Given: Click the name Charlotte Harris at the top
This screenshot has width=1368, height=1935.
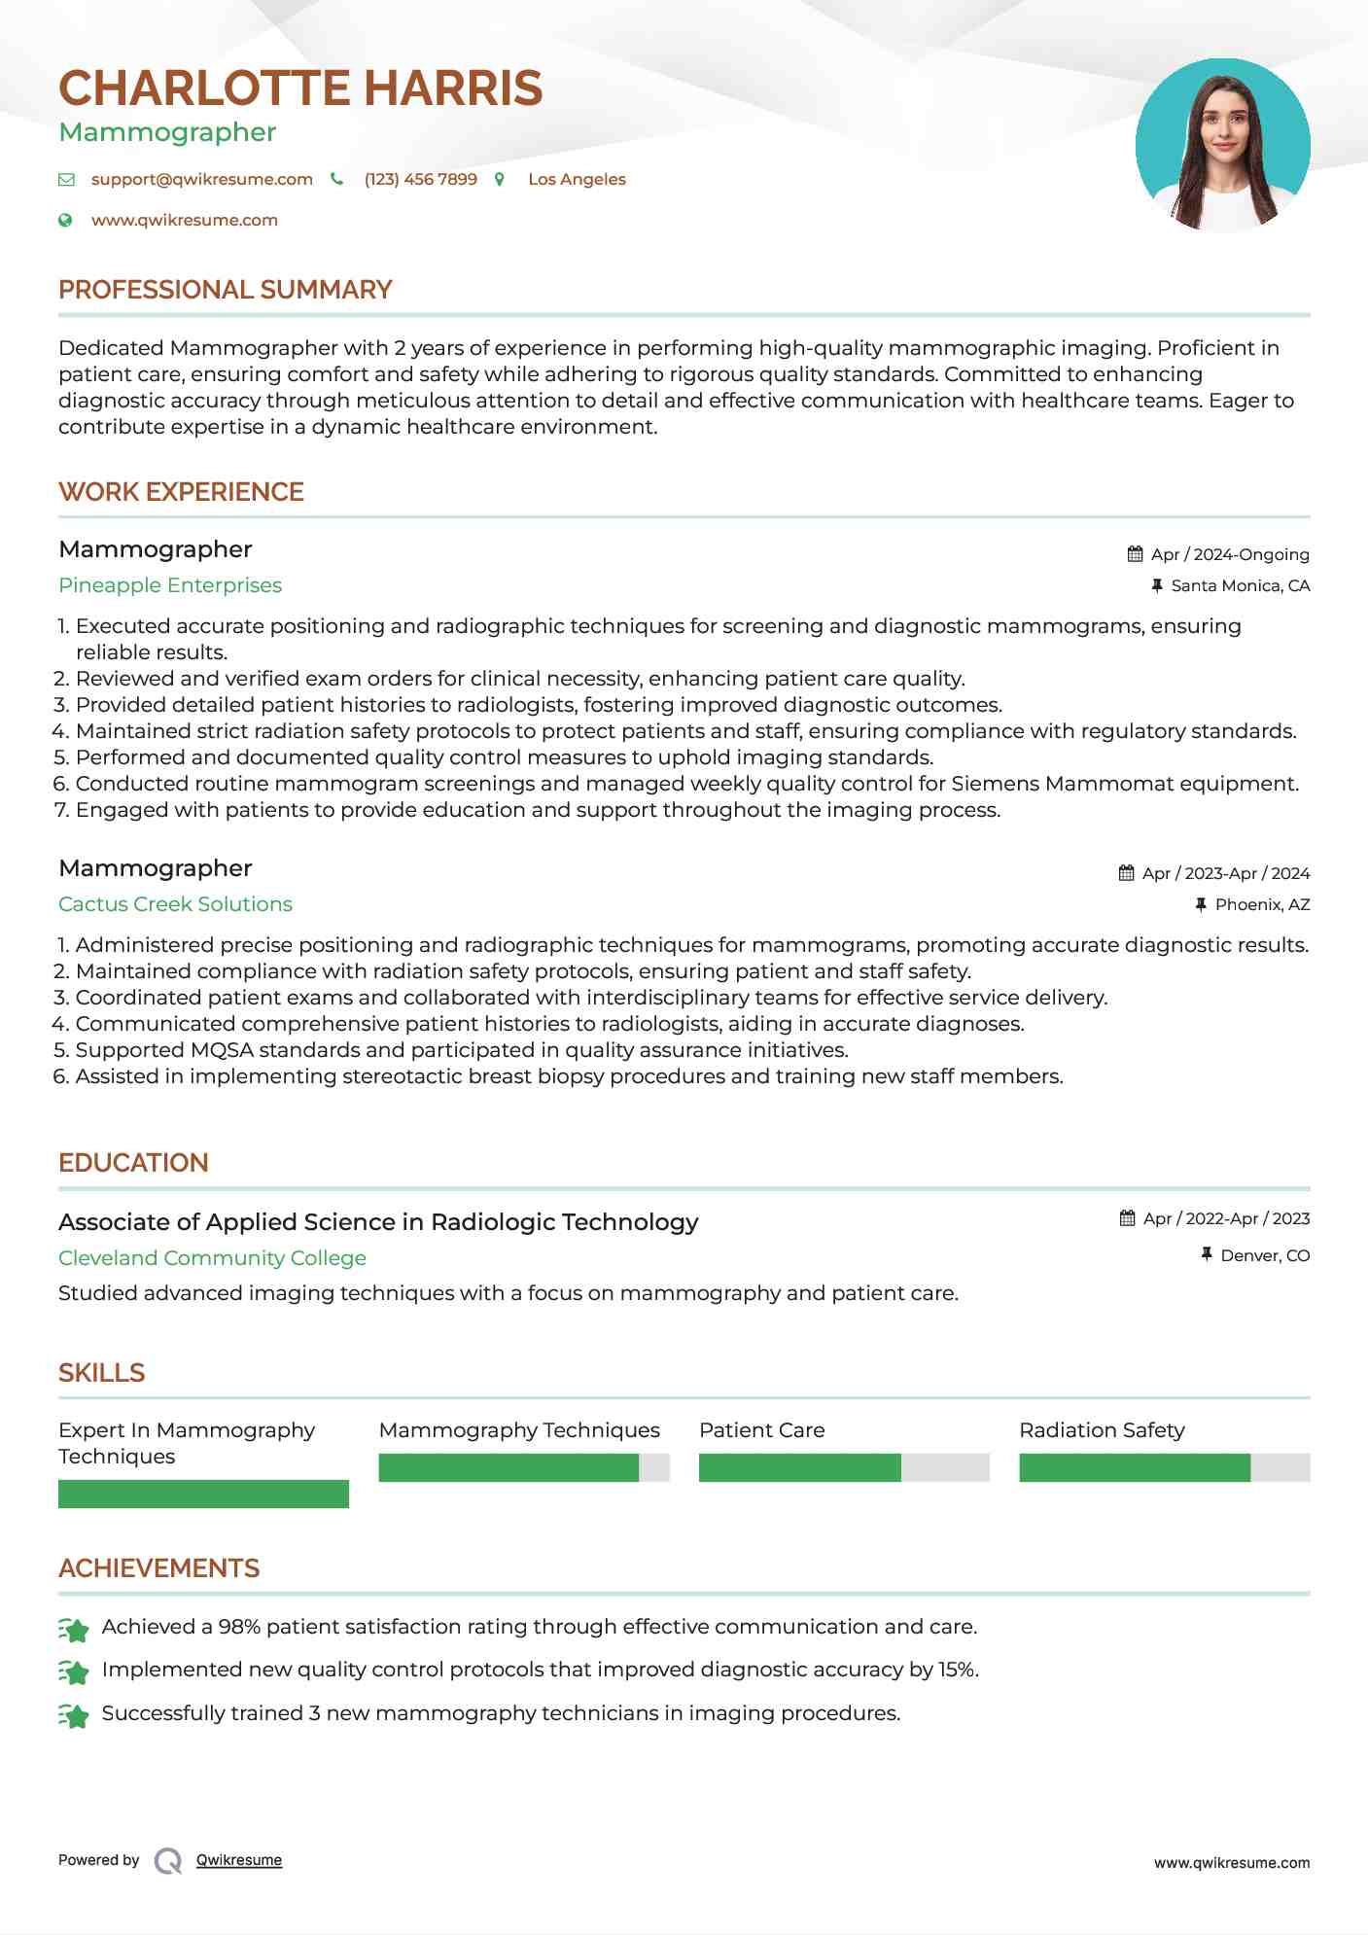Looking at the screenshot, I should (300, 88).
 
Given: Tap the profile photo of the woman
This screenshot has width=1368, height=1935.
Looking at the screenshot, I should (1222, 145).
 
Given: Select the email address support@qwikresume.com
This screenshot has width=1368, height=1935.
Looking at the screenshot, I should (201, 180).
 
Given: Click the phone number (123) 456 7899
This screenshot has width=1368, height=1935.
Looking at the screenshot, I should (420, 180).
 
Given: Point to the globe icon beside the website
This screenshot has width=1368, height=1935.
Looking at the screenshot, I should (65, 221).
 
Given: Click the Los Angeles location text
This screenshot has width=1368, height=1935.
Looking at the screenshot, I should (577, 180).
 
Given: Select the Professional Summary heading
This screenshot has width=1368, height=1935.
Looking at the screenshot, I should (225, 290).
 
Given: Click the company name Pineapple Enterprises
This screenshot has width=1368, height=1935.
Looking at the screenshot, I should (170, 585).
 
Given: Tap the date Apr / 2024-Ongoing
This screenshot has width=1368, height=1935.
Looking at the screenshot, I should (1229, 554).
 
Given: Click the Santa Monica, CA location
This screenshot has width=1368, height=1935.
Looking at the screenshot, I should (1240, 585).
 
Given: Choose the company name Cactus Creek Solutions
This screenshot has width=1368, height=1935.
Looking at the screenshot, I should (175, 904).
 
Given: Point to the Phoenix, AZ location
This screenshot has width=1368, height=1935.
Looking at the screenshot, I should (1262, 904).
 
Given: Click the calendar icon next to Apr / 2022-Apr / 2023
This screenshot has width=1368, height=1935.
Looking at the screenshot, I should (1127, 1218).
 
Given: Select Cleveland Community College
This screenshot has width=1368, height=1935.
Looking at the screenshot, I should (212, 1258).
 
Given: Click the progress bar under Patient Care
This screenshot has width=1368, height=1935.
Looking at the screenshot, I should (843, 1467).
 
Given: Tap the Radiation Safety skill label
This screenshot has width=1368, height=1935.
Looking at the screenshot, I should (1102, 1430).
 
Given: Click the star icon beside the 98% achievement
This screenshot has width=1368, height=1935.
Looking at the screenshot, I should (74, 1628).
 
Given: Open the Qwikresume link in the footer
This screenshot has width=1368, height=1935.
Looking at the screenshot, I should (238, 1860).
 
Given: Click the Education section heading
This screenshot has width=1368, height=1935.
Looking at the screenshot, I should (133, 1163).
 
